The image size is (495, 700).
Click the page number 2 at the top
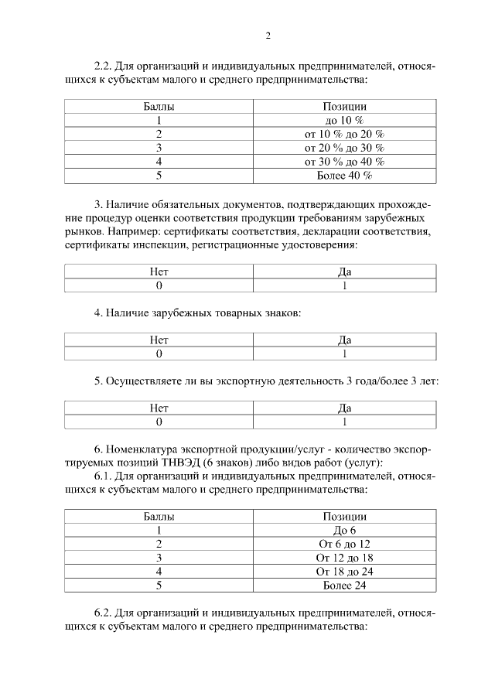pyautogui.click(x=268, y=35)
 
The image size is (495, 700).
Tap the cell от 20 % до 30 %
pyautogui.click(x=344, y=148)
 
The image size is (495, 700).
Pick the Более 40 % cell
pyautogui.click(x=344, y=176)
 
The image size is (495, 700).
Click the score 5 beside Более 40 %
pyautogui.click(x=159, y=176)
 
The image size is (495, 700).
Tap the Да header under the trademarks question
pyautogui.click(x=344, y=340)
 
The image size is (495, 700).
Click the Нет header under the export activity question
pyautogui.click(x=159, y=408)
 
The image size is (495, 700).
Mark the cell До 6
pyautogui.click(x=344, y=530)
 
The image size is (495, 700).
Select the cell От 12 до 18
pyautogui.click(x=344, y=558)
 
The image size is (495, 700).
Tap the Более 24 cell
pyautogui.click(x=344, y=586)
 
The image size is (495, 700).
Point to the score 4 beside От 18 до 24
pyautogui.click(x=159, y=572)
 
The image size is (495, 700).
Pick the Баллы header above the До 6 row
pyautogui.click(x=159, y=516)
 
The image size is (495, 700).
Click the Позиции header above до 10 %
pyautogui.click(x=344, y=106)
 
